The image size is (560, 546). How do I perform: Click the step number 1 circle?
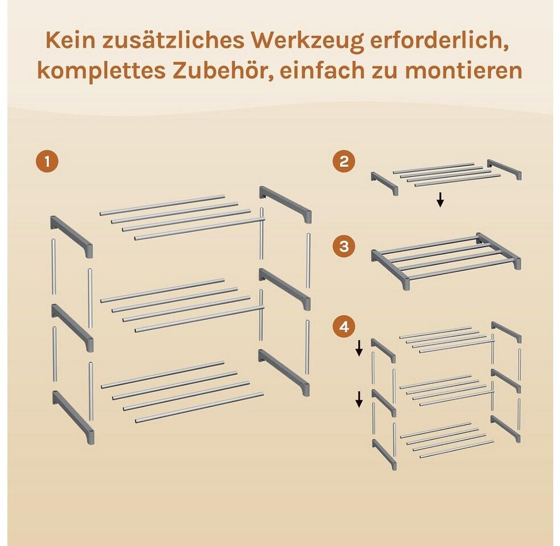[47, 162]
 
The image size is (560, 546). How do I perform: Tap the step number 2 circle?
[343, 162]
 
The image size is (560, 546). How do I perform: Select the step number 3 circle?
[343, 247]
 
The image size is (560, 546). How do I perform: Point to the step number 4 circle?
[343, 327]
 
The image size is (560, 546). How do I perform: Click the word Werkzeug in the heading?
[307, 42]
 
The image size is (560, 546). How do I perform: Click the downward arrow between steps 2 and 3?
[441, 200]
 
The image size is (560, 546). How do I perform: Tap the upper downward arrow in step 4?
[359, 348]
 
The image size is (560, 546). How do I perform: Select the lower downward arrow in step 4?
[359, 399]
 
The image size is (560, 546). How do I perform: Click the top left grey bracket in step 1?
[72, 236]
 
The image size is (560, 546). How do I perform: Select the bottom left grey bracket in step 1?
[73, 417]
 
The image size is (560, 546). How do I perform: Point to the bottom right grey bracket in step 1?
[284, 371]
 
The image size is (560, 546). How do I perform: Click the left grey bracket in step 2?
[385, 183]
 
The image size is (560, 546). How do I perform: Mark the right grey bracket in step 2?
[504, 169]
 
